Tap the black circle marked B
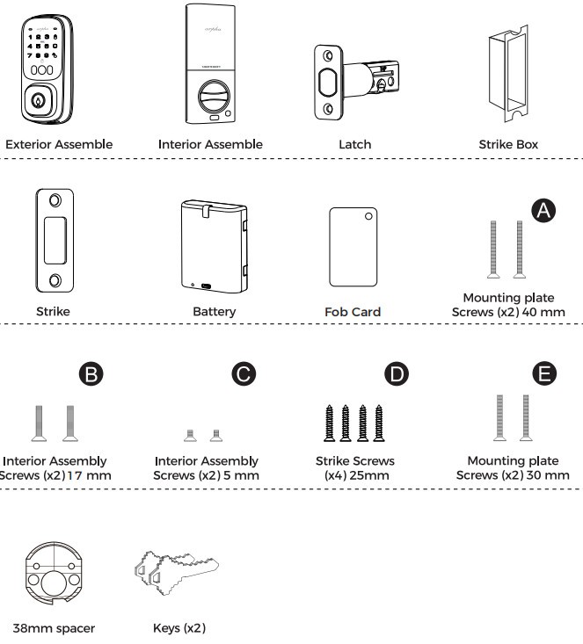pyautogui.click(x=91, y=373)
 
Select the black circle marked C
pyautogui.click(x=243, y=373)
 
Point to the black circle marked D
pyautogui.click(x=397, y=373)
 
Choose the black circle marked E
pyautogui.click(x=546, y=373)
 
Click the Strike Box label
pyautogui.click(x=508, y=144)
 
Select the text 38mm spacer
pyautogui.click(x=54, y=628)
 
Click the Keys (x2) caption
pyautogui.click(x=179, y=628)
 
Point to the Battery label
pyautogui.click(x=214, y=311)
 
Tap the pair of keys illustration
pyautogui.click(x=173, y=573)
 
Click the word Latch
pyautogui.click(x=355, y=144)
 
